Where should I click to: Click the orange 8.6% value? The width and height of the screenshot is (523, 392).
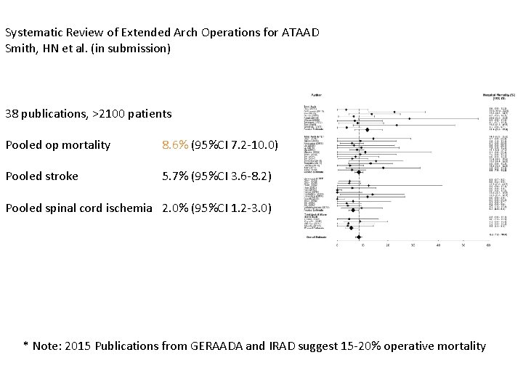tap(174, 145)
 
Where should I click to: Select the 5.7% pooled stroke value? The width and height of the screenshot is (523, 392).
tap(174, 176)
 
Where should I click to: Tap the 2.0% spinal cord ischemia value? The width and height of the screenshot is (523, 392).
tap(174, 208)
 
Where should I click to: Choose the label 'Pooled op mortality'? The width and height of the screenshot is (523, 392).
tap(57, 145)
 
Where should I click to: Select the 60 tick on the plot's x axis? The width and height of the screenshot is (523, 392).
tap(489, 245)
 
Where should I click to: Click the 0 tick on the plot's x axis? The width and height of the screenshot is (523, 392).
tap(336, 245)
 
